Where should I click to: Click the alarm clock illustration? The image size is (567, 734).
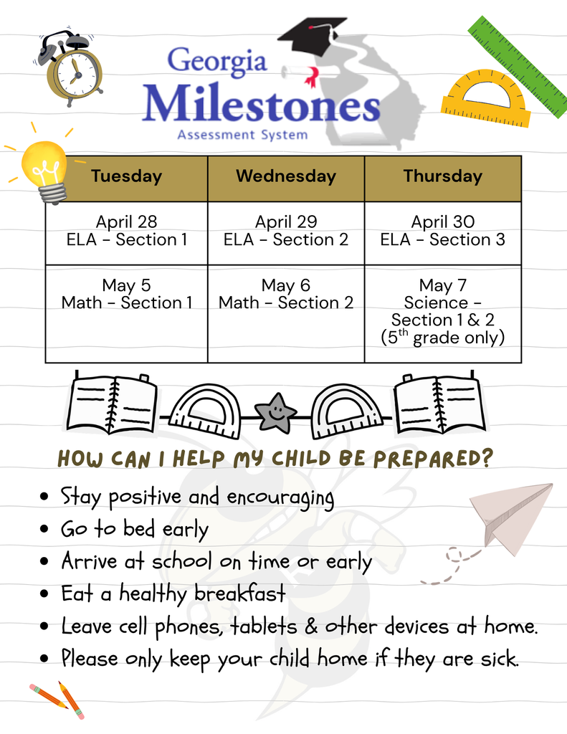point(72,70)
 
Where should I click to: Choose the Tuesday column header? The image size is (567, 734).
point(127,177)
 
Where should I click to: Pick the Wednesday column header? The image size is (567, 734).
point(286,177)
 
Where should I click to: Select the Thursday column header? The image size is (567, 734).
point(442,177)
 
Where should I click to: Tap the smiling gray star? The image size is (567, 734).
point(276,413)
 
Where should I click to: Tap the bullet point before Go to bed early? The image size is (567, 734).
point(45,530)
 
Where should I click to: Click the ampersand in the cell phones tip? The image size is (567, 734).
point(310,626)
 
